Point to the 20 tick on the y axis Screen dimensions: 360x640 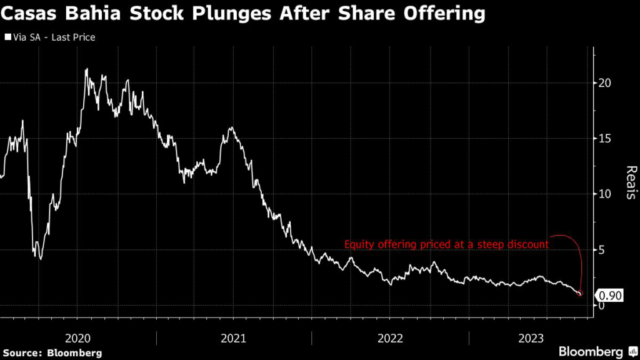pyautogui.click(x=604, y=83)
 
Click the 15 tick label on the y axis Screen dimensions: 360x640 pyautogui.click(x=604, y=139)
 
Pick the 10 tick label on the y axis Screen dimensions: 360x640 pyautogui.click(x=604, y=194)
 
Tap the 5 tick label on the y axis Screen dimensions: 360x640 pyautogui.click(x=601, y=250)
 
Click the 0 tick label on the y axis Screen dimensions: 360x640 pyautogui.click(x=601, y=306)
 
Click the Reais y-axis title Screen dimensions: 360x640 pyautogui.click(x=631, y=183)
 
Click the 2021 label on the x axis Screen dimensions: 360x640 pyautogui.click(x=234, y=338)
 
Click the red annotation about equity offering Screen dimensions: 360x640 pyautogui.click(x=446, y=245)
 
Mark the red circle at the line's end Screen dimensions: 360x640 pyautogui.click(x=580, y=293)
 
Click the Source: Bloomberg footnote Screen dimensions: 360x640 pyautogui.click(x=51, y=352)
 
